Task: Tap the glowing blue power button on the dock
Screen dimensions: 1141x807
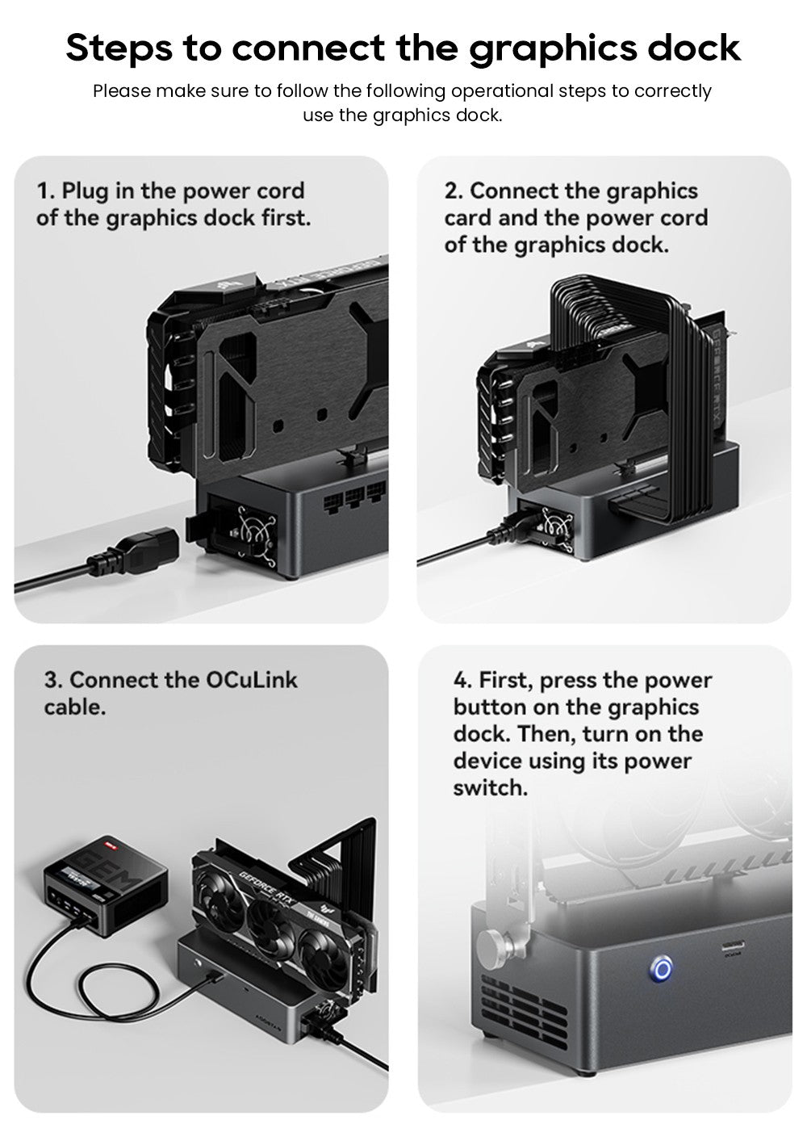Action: pos(662,968)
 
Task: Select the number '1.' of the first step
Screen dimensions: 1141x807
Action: pos(46,191)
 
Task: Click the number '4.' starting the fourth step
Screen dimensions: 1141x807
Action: pos(462,680)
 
